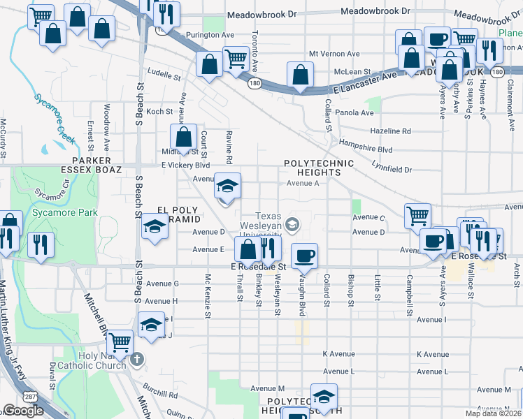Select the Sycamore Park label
[57, 212]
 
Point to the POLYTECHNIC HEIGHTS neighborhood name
[318, 168]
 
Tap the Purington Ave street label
[209, 34]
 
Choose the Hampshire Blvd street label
[366, 148]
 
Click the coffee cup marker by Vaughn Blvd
[303, 256]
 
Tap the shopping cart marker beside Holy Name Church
[120, 341]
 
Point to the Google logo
[23, 411]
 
